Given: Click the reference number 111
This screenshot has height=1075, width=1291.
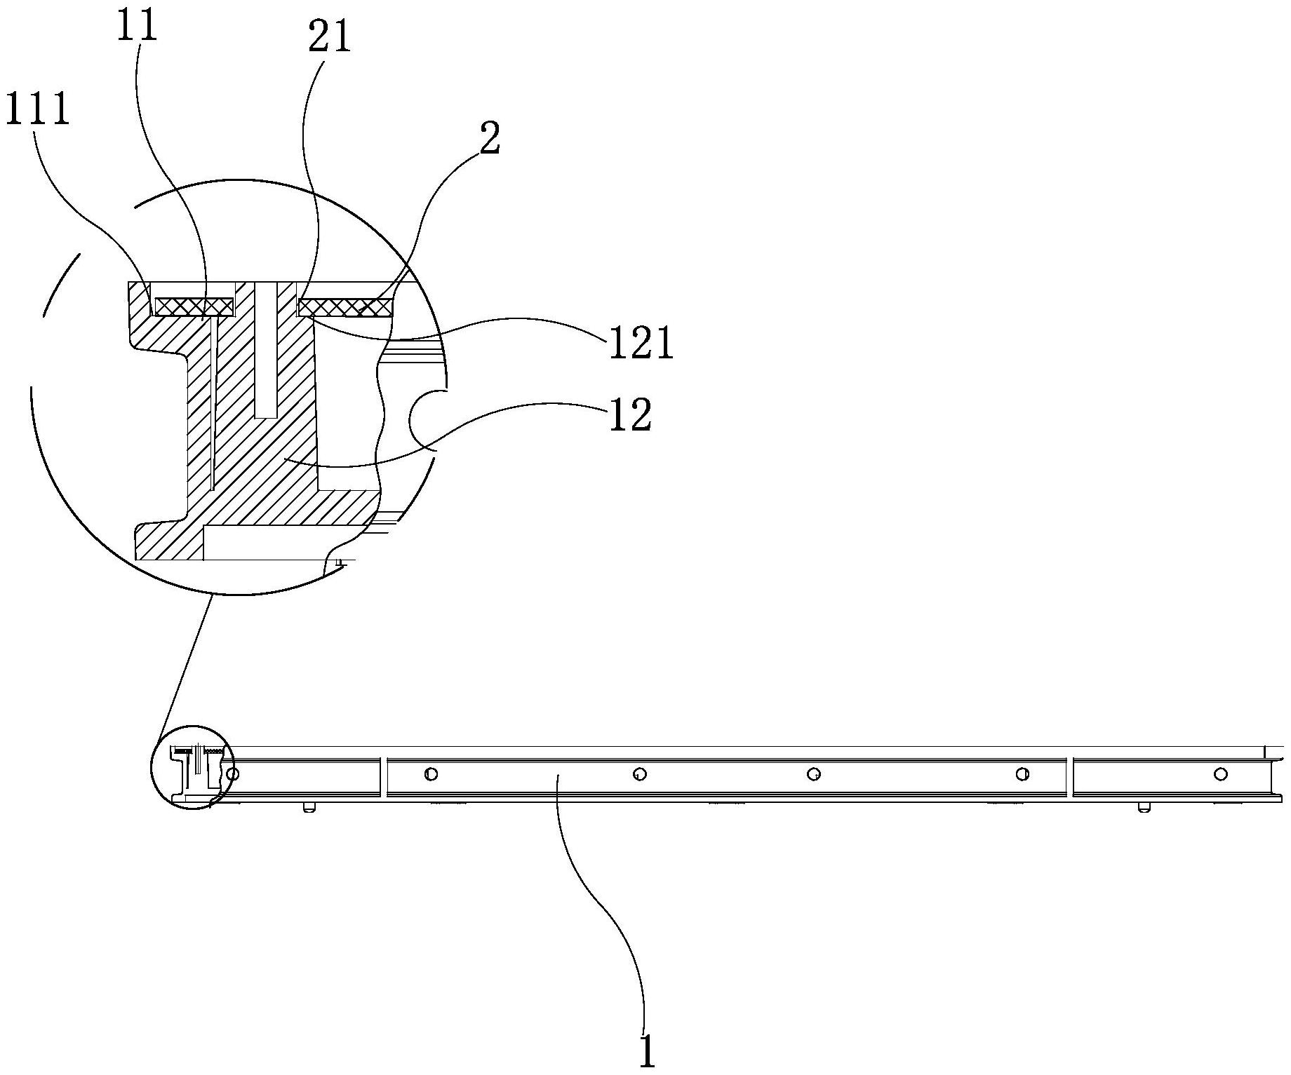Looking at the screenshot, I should (38, 110).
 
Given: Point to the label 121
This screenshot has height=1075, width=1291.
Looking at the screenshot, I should (640, 344).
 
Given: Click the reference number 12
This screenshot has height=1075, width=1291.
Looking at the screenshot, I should (629, 414).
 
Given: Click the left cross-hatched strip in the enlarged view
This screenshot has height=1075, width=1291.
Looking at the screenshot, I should (194, 306).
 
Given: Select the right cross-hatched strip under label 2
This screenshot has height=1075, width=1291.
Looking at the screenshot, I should (345, 306).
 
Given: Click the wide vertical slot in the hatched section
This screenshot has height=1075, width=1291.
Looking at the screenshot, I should (266, 351).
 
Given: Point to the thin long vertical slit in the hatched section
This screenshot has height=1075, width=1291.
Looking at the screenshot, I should (213, 400).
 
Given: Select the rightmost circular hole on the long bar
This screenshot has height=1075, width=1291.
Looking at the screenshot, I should (1222, 773).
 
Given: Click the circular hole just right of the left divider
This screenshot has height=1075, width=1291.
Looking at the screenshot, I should (432, 774).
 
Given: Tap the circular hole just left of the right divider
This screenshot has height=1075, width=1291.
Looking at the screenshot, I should (1023, 774).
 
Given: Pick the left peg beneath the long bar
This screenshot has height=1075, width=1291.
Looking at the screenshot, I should (307, 808).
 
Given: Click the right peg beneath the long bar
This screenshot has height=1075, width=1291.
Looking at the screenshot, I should (1142, 808).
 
